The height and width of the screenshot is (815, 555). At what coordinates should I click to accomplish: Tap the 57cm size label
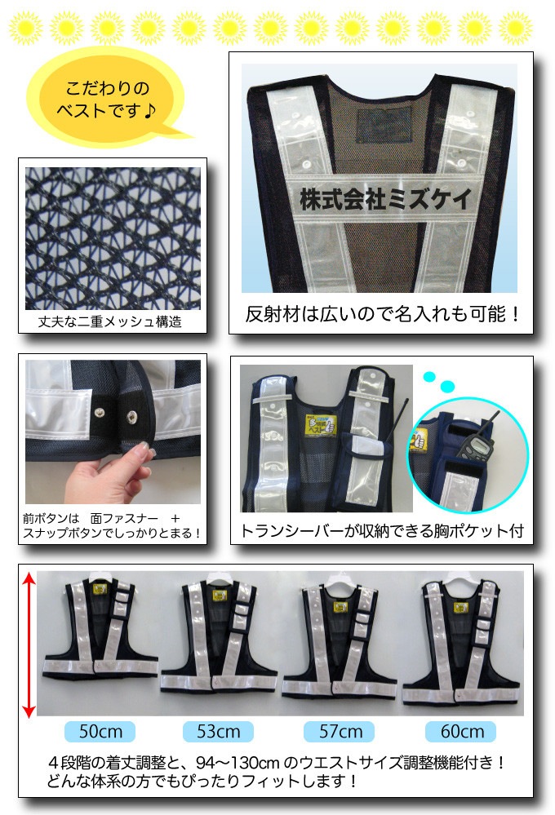coord(339,731)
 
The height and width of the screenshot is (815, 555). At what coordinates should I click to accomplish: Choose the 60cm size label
coord(460,731)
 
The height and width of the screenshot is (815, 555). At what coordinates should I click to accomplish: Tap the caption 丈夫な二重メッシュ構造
coord(111,322)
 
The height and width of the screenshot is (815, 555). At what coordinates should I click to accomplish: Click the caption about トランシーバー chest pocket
coord(381,531)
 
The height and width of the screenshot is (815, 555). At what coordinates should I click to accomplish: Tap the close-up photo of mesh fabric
coord(112,238)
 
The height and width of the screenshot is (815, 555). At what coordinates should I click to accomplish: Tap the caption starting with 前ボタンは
coord(113,525)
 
